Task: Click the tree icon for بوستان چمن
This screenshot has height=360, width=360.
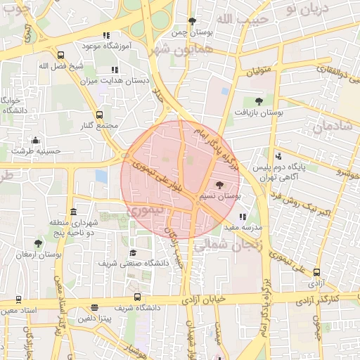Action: [x=193, y=21]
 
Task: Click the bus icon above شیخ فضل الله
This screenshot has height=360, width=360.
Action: [x=60, y=55]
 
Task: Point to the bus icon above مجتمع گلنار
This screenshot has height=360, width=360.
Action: [x=98, y=115]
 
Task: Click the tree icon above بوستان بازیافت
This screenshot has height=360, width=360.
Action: [x=259, y=101]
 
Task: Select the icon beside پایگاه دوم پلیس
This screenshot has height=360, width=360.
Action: [x=279, y=156]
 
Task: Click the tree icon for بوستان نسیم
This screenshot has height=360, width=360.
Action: [x=220, y=186]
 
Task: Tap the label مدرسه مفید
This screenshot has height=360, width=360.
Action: [x=243, y=229]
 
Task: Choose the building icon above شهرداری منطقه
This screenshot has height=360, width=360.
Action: [x=74, y=212]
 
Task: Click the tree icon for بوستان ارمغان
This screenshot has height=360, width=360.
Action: [x=38, y=243]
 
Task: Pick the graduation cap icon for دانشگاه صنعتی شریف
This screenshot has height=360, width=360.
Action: [x=133, y=252]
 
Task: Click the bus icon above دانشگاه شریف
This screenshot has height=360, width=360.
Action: [x=137, y=297]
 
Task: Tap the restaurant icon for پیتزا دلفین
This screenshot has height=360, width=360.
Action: [x=94, y=307]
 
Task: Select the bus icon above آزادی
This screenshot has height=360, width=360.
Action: [x=316, y=272]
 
